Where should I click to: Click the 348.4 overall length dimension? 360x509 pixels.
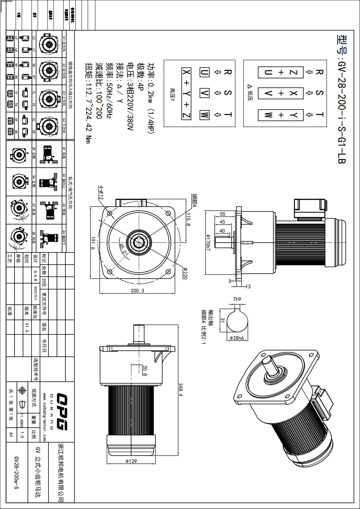[x=181, y=390]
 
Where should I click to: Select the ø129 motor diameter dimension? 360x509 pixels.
[x=131, y=461]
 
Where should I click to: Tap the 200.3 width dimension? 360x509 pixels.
[x=137, y=291]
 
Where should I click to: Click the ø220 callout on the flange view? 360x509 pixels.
[x=185, y=273]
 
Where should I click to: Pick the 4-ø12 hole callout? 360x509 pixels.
[x=101, y=192]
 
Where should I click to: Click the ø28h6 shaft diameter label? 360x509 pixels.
[x=237, y=338]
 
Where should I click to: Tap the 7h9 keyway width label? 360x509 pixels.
[x=237, y=299]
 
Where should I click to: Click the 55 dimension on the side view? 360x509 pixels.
[x=223, y=214]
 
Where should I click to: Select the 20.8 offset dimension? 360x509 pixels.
[x=145, y=370]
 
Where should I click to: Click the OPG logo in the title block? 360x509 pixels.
[x=62, y=412]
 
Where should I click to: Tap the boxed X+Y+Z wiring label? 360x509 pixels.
[x=186, y=94]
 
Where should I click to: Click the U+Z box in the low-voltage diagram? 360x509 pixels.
[x=280, y=72]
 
